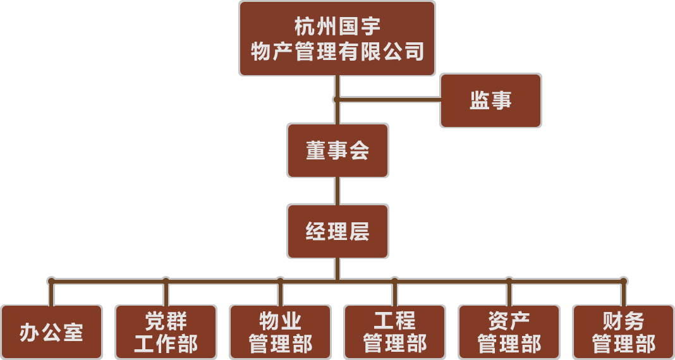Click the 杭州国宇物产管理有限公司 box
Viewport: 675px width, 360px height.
[x=337, y=39]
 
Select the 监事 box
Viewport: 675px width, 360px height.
[x=490, y=101]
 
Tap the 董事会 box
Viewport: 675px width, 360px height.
[x=337, y=150]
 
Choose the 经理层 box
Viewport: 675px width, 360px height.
[x=337, y=231]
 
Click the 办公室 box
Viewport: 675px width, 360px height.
[x=51, y=332]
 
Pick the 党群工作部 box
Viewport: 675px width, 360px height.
[x=166, y=332]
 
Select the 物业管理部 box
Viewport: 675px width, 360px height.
[x=280, y=332]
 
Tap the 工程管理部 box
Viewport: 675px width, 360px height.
[x=394, y=332]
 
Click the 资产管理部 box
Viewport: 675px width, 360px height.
[x=509, y=332]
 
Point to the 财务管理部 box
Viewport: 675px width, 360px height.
[x=623, y=332]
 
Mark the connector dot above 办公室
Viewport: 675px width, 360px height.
[x=51, y=280]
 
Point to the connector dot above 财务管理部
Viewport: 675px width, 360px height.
[x=623, y=280]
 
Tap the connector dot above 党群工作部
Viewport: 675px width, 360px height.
[x=166, y=280]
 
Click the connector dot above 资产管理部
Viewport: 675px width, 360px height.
[x=509, y=280]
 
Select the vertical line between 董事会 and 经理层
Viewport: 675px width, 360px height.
[x=337, y=191]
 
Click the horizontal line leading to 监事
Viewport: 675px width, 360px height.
[x=389, y=99]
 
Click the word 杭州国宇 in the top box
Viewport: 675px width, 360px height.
[x=337, y=27]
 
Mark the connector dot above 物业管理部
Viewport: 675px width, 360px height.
[x=280, y=280]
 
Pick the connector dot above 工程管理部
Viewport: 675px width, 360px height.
[x=394, y=280]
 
